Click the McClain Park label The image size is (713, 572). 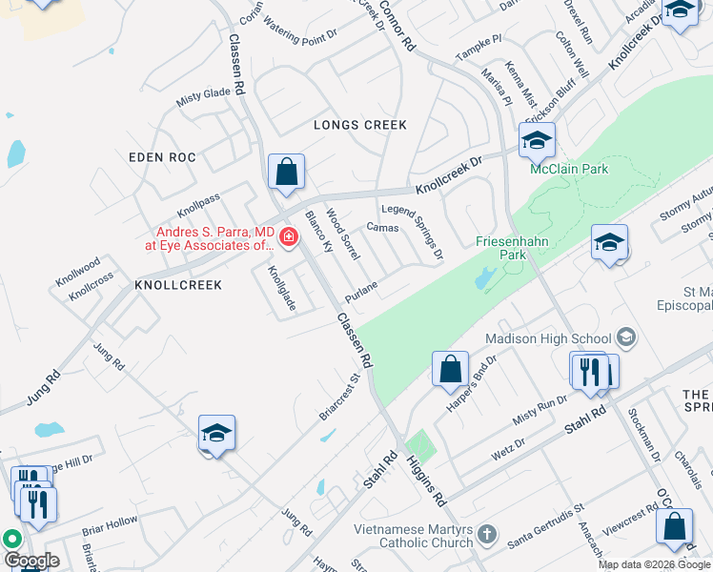click(x=569, y=170)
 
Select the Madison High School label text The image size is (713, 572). click(x=547, y=338)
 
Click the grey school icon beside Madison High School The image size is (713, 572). click(x=626, y=337)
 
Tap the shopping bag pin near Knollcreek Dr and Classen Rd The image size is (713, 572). click(x=286, y=174)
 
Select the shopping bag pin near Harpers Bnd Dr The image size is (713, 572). click(x=450, y=369)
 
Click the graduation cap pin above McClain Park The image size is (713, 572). click(x=537, y=142)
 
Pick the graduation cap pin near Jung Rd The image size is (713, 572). click(x=216, y=434)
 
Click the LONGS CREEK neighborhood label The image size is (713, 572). click(x=360, y=125)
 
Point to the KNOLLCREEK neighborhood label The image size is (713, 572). click(x=178, y=285)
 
